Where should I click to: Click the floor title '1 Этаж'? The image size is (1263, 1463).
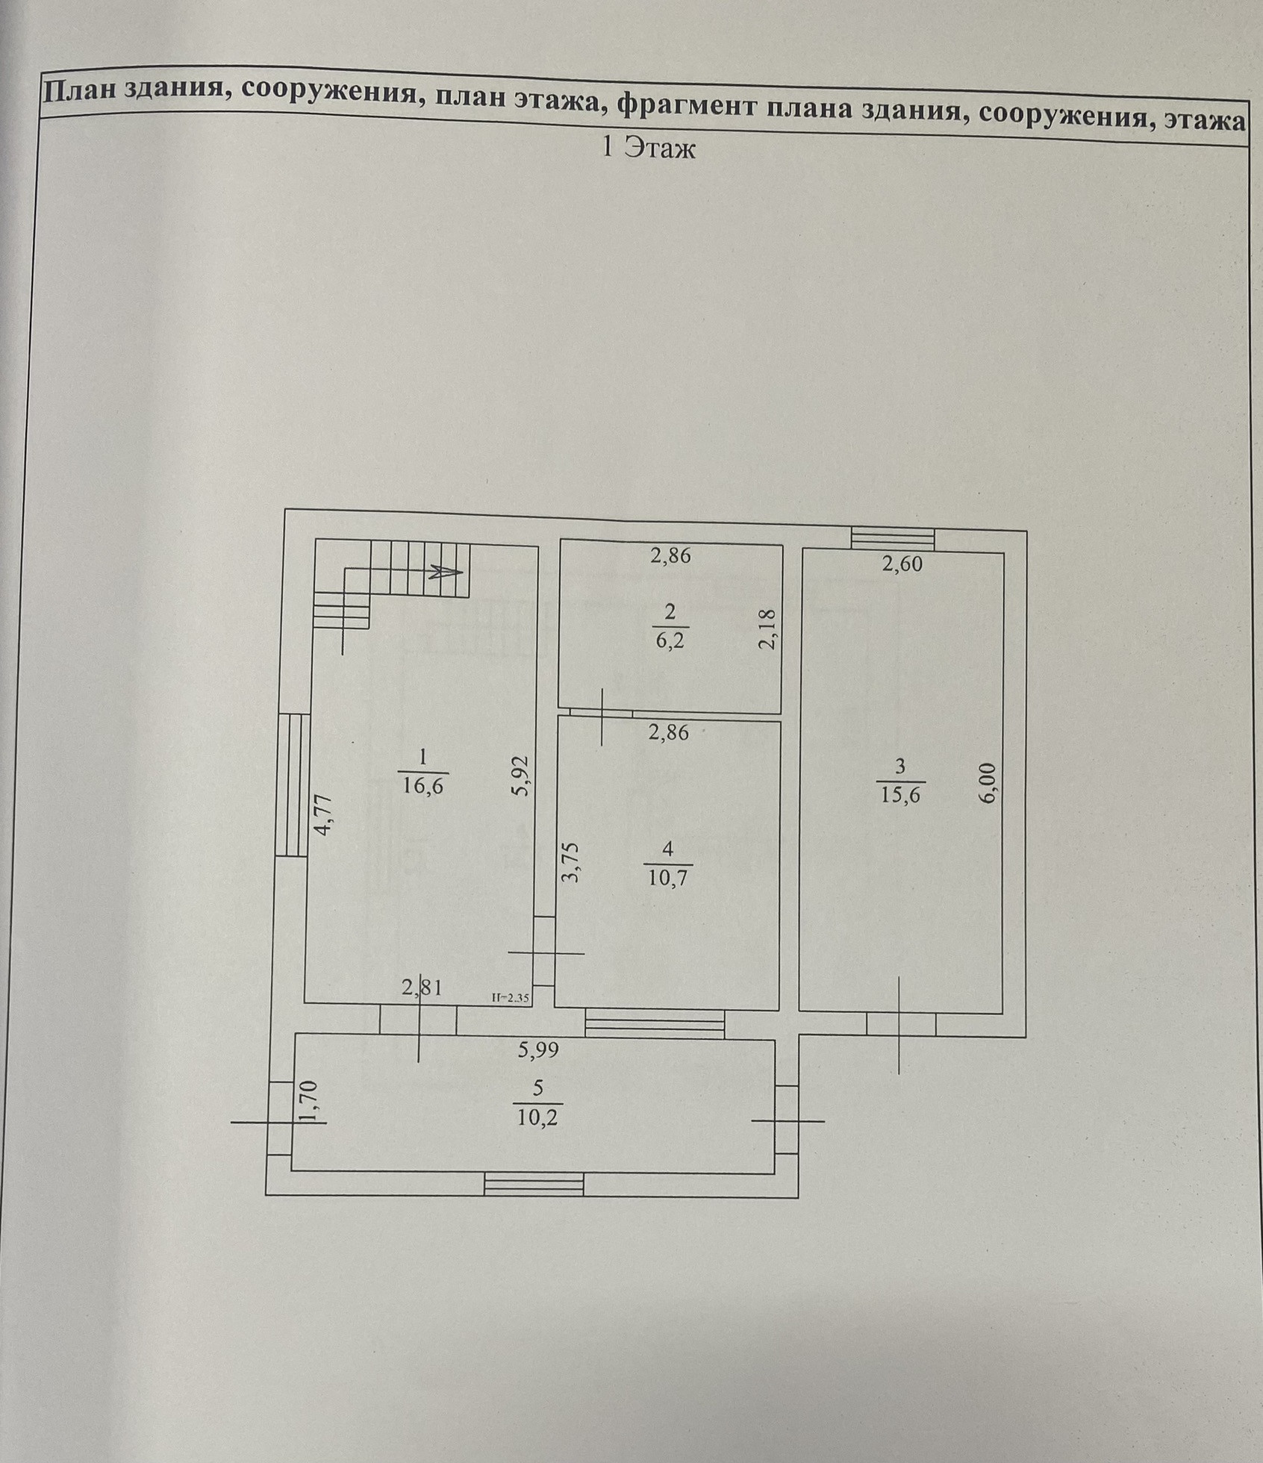647,149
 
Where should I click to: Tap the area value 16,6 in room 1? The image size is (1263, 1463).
422,786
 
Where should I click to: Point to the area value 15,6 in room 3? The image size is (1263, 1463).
900,794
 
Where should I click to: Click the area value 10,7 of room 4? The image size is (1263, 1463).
667,876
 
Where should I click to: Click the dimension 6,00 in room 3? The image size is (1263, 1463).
988,782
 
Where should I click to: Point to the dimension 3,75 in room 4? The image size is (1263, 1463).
571,862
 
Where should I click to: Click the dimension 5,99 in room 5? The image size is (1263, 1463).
538,1050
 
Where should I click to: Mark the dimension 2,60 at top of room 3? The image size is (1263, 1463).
902,564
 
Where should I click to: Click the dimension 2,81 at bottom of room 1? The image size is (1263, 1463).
422,988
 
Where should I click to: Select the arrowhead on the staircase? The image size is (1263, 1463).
449,573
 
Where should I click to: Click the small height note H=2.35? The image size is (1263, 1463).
511,996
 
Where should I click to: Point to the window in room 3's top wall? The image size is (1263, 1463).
893,538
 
